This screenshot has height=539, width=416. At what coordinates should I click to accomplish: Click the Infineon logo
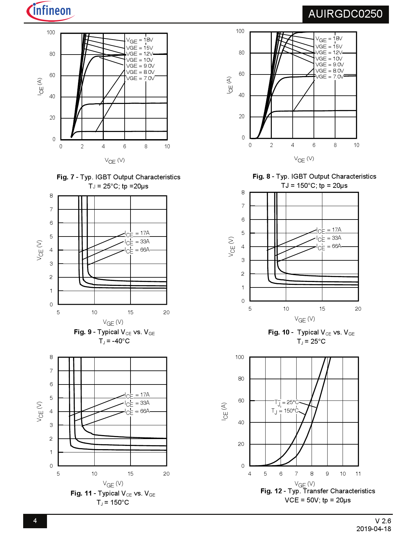51,11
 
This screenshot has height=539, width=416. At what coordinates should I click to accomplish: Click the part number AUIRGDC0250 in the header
345,14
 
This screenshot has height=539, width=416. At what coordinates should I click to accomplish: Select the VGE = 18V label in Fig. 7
140,40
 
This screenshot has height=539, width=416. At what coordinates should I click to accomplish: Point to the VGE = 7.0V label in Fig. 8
330,77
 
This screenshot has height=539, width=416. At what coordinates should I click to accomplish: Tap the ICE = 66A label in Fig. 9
137,250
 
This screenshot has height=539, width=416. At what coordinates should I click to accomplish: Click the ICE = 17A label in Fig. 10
329,230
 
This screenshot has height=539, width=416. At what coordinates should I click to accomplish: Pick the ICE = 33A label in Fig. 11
137,403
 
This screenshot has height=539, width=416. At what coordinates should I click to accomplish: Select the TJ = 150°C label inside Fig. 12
285,411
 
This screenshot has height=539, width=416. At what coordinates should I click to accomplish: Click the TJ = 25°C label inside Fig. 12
287,402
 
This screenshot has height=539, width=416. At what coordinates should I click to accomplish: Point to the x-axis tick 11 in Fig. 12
358,474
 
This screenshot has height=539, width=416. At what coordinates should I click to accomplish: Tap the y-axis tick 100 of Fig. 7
51,33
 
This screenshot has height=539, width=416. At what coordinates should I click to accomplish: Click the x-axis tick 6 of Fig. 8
314,145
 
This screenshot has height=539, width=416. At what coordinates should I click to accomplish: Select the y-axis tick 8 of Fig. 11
51,357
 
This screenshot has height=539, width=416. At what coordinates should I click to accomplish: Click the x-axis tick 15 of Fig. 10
322,309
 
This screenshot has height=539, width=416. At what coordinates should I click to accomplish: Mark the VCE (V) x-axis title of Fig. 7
115,160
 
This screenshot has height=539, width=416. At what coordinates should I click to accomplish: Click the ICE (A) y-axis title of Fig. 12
224,411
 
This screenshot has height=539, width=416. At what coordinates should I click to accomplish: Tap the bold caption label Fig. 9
83,332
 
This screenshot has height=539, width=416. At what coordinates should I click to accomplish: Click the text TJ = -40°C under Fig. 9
114,341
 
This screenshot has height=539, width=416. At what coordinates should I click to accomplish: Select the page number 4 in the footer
35,521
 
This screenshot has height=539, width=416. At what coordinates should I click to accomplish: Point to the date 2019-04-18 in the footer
374,529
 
